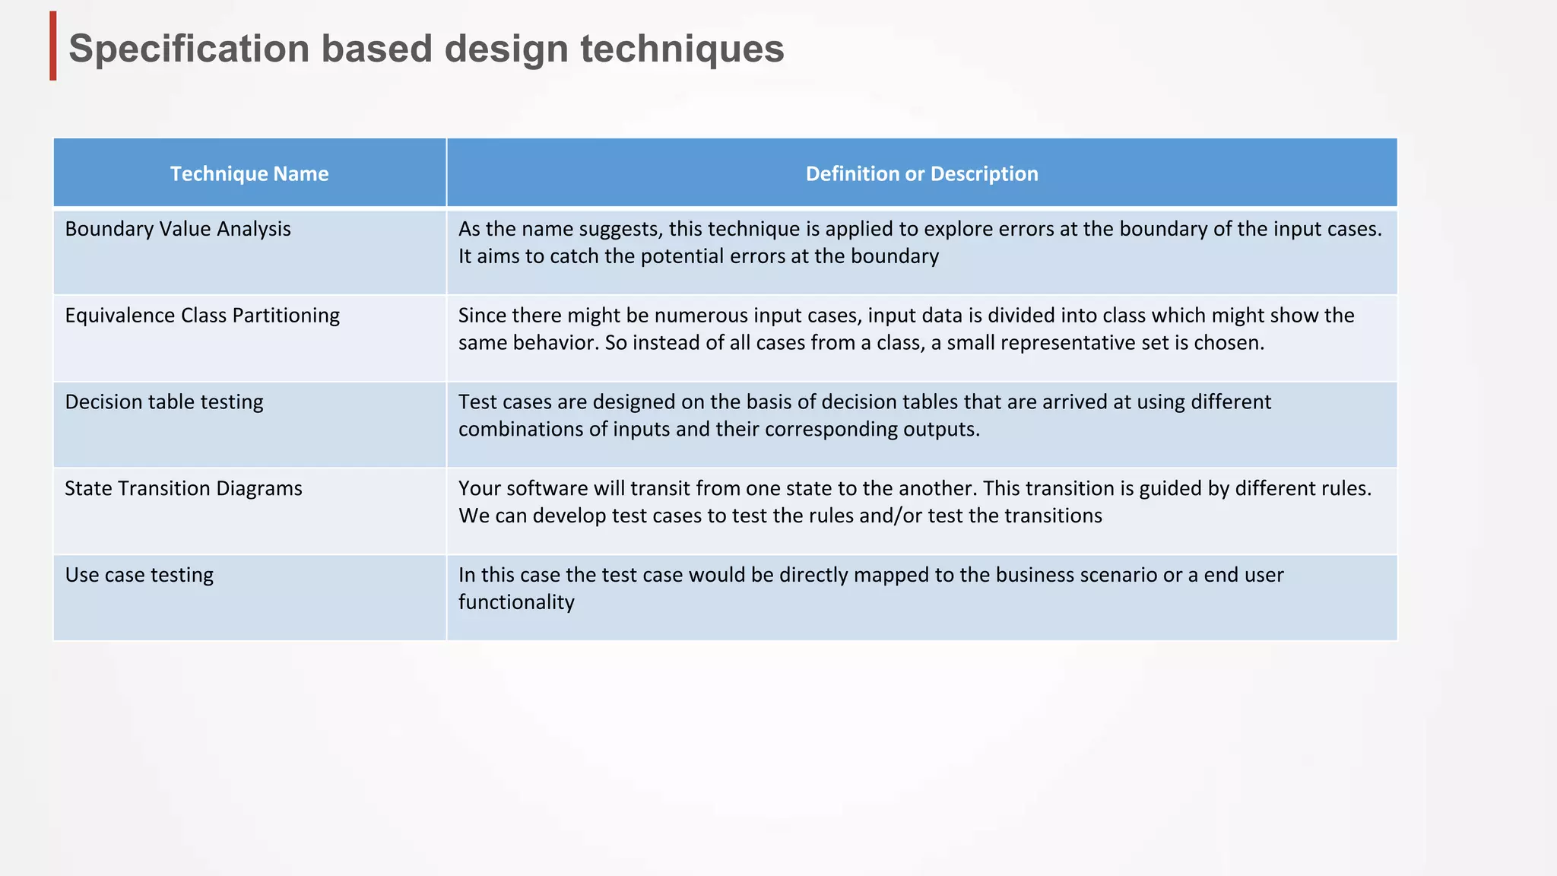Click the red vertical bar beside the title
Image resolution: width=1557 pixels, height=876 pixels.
pos(53,46)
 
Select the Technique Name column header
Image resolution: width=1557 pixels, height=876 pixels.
pos(249,173)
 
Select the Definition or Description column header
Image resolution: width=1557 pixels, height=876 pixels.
pos(921,173)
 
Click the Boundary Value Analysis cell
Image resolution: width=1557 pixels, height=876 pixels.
pos(178,229)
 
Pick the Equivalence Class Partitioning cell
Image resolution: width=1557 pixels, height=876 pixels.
pos(202,316)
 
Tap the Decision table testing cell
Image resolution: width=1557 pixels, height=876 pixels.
pos(164,401)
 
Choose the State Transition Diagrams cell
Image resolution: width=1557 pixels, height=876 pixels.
pos(183,488)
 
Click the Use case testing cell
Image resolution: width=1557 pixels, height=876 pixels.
pos(139,575)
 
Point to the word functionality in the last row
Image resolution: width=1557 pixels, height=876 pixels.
pos(516,602)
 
